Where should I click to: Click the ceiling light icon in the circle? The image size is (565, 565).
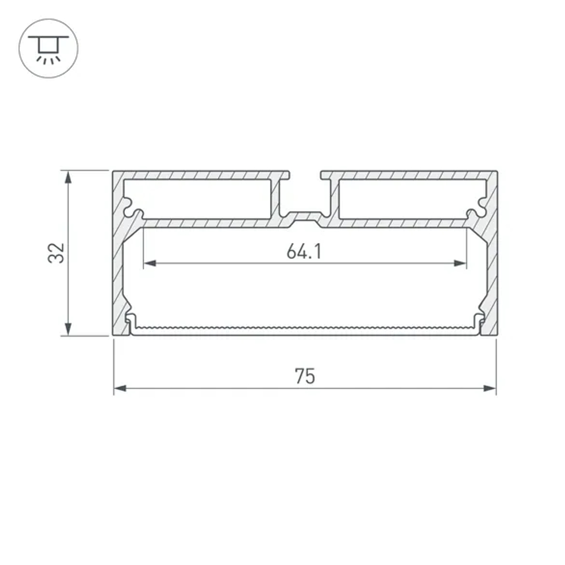49,49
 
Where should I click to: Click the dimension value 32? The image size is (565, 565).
56,253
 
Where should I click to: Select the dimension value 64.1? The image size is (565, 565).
304,251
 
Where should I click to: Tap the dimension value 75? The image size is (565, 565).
305,376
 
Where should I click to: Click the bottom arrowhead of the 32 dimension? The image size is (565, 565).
68,329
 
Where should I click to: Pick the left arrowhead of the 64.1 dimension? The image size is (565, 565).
150,263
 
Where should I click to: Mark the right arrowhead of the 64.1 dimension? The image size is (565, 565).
460,263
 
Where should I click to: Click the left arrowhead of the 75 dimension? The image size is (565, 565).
120,389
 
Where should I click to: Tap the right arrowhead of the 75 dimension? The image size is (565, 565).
490,389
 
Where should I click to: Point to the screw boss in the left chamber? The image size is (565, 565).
131,207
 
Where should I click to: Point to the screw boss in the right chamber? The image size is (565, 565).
478,207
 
